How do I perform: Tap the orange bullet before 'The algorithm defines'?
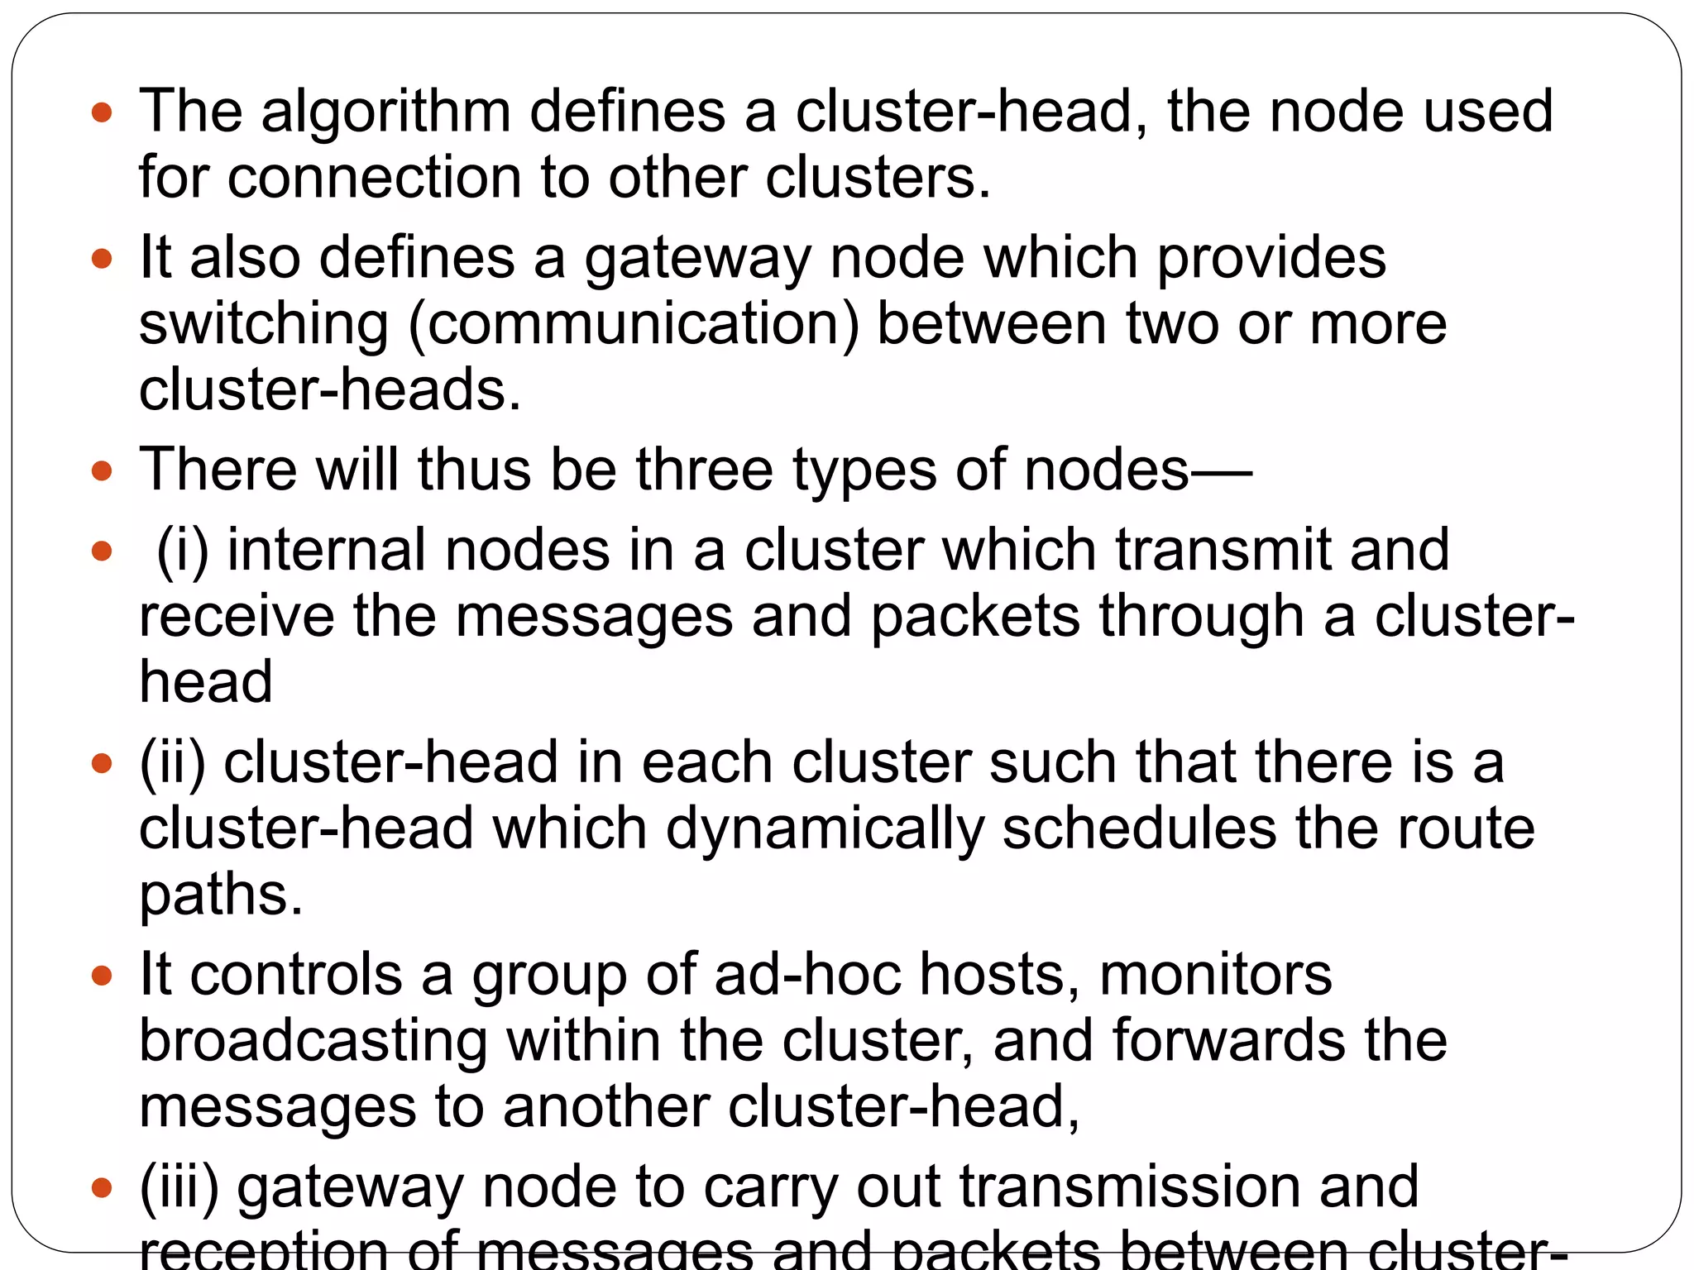pyautogui.click(x=102, y=112)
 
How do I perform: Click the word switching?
pyautogui.click(x=263, y=324)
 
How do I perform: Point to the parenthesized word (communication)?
pyautogui.click(x=634, y=324)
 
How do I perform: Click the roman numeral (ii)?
pyautogui.click(x=172, y=762)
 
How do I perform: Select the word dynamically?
pyautogui.click(x=824, y=828)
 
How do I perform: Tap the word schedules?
pyautogui.click(x=1139, y=828)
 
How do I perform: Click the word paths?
pyautogui.click(x=221, y=895)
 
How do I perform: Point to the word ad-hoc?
pyautogui.click(x=807, y=974)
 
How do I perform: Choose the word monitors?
pyautogui.click(x=1215, y=974)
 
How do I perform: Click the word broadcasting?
pyautogui.click(x=313, y=1040)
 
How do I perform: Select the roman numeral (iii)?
pyautogui.click(x=179, y=1186)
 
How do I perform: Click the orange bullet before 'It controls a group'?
pyautogui.click(x=102, y=976)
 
